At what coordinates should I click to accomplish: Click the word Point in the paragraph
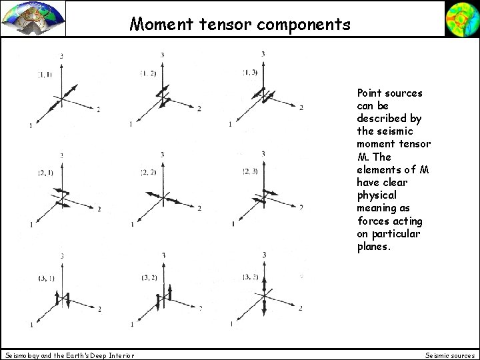click(x=371, y=93)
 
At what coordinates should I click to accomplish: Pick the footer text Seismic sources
click(x=450, y=355)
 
